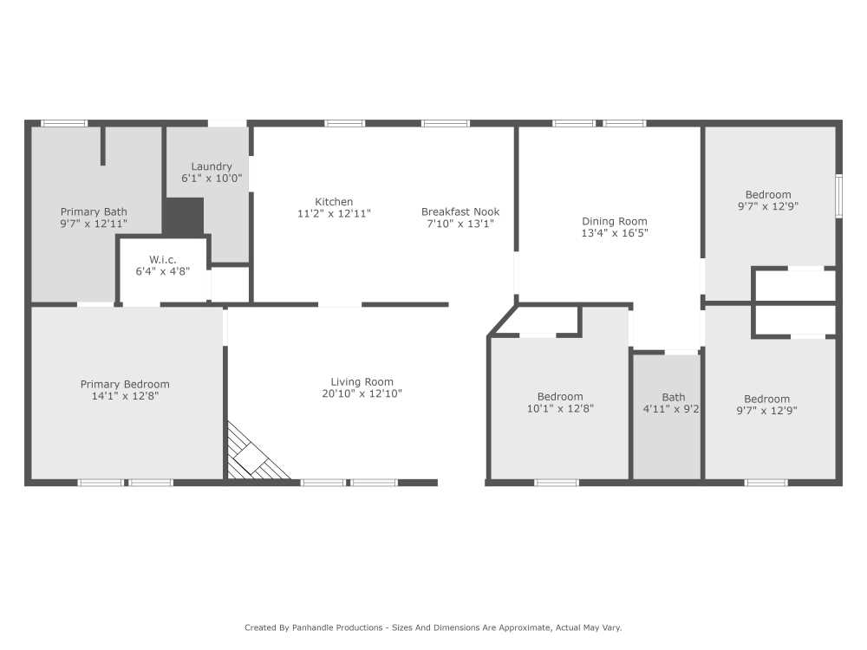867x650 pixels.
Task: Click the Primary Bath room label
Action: [x=94, y=211]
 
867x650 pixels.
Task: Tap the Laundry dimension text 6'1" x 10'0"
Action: [x=212, y=179]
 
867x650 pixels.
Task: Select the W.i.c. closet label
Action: [x=163, y=259]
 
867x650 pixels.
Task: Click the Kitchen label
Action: [x=334, y=202]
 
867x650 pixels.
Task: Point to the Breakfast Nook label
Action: [x=460, y=211]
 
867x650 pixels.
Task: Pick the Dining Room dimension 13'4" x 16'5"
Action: [x=615, y=232]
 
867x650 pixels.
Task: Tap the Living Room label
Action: [x=362, y=381]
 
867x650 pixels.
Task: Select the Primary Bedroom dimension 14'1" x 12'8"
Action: [x=125, y=396]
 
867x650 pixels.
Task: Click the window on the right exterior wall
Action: [x=838, y=197]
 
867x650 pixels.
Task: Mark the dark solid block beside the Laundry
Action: [x=183, y=216]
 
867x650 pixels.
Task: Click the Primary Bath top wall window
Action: [x=65, y=123]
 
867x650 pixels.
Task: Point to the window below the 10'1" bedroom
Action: [x=557, y=482]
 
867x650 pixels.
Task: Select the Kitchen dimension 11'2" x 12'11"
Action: [x=334, y=213]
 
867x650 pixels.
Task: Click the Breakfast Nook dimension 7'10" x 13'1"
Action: [x=460, y=224]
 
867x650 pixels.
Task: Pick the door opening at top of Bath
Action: [x=681, y=352]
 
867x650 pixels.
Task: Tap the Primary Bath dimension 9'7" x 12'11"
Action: [x=94, y=224]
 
